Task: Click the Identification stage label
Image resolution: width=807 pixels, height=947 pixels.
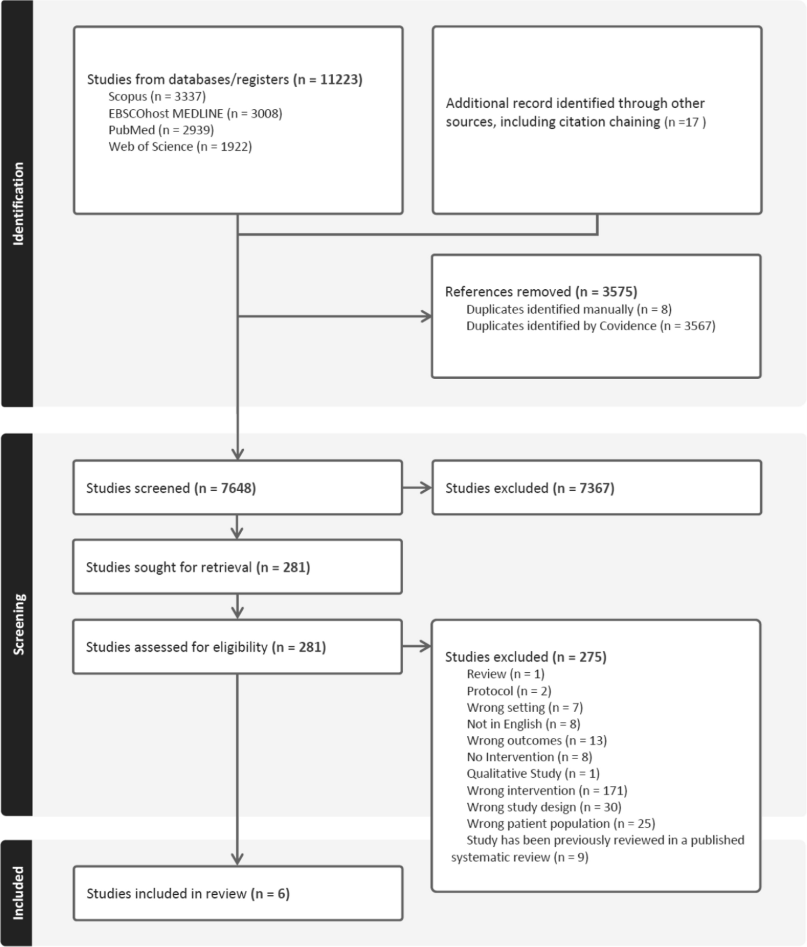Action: pyautogui.click(x=18, y=204)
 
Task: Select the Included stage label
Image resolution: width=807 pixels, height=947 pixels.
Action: pyautogui.click(x=18, y=893)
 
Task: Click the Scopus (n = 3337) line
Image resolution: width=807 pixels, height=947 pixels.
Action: pyautogui.click(x=157, y=96)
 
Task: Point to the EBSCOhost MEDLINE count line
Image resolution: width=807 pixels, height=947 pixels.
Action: pyautogui.click(x=195, y=113)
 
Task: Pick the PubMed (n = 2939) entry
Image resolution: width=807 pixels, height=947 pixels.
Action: pyautogui.click(x=161, y=130)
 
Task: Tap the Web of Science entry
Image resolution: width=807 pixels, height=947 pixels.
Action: pyautogui.click(x=180, y=147)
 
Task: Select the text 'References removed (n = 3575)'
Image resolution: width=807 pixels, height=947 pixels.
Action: pyautogui.click(x=541, y=292)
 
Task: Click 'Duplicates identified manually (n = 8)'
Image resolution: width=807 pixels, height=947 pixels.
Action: pyautogui.click(x=569, y=309)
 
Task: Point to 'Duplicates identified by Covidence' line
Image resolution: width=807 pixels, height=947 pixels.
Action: pyautogui.click(x=590, y=326)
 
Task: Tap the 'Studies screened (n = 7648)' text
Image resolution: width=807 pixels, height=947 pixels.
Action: pyautogui.click(x=171, y=488)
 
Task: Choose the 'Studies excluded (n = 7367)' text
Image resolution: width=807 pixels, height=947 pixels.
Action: pyautogui.click(x=529, y=488)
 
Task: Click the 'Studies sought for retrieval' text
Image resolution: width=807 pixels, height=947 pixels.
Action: pyautogui.click(x=198, y=567)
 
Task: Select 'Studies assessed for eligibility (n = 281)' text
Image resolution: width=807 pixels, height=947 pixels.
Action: pyautogui.click(x=206, y=647)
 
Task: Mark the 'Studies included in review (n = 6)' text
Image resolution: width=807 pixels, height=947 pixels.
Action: pyautogui.click(x=188, y=894)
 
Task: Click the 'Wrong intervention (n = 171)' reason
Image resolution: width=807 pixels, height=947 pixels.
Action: pyautogui.click(x=546, y=790)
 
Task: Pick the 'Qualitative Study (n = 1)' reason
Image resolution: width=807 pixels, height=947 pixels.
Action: pyautogui.click(x=532, y=774)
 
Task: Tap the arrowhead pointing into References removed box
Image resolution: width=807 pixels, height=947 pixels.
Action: pyautogui.click(x=426, y=317)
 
